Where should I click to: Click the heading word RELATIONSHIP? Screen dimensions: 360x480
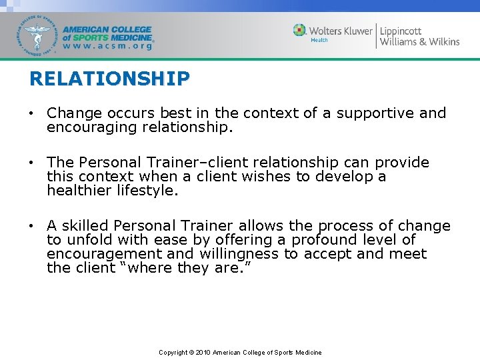coord(109,79)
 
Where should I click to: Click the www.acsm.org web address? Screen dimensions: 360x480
coord(108,47)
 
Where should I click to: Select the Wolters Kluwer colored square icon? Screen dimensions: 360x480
coord(300,30)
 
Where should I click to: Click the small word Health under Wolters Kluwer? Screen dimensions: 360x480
coord(319,41)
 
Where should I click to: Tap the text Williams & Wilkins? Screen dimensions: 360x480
coord(419,42)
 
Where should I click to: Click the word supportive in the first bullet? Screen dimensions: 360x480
coord(375,113)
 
